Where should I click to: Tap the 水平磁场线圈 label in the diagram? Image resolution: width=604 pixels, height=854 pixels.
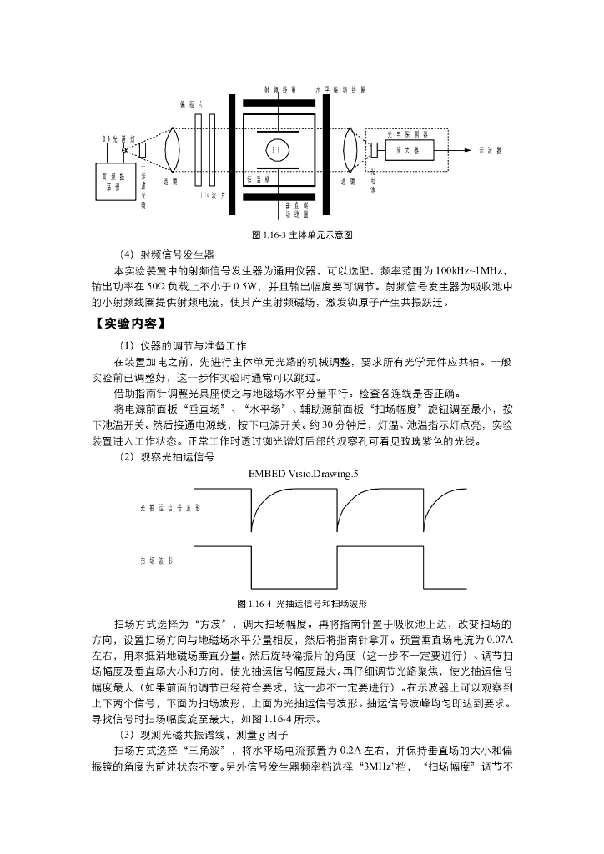click(340, 88)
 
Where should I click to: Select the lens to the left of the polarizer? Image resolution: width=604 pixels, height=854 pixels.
click(171, 150)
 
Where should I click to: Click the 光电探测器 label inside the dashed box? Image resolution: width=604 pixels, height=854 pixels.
click(407, 133)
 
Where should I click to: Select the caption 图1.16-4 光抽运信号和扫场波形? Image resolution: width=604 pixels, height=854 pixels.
click(303, 602)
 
